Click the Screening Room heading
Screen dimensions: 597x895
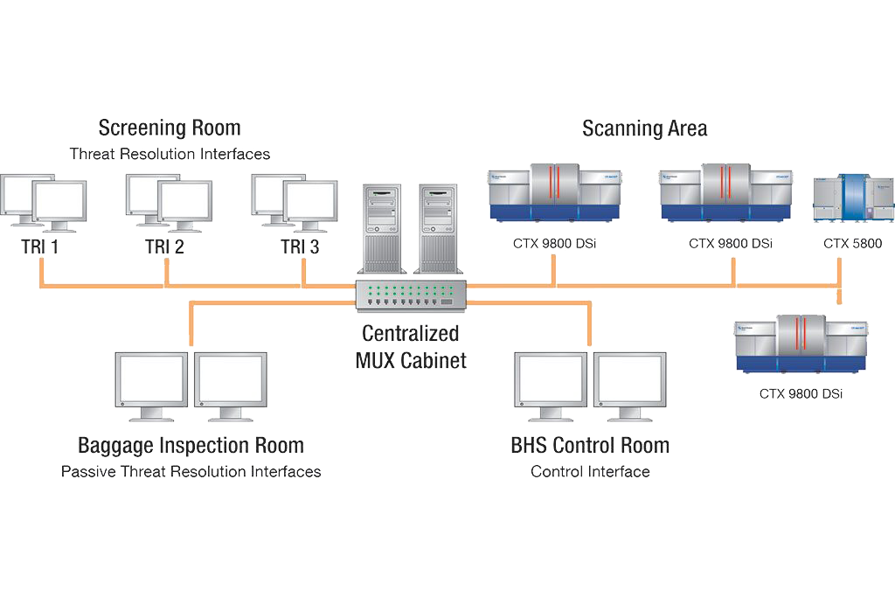169,128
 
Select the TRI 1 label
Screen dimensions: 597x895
40,246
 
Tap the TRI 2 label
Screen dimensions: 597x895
164,246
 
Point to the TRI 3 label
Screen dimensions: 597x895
300,246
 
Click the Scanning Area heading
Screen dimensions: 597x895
644,128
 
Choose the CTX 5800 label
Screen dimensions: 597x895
852,244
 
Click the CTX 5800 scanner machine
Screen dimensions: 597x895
853,198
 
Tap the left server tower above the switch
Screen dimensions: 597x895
382,227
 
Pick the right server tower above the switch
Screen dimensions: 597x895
440,227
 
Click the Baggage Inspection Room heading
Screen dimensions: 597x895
191,445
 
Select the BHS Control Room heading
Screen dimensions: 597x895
590,445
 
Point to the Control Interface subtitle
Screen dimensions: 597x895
590,472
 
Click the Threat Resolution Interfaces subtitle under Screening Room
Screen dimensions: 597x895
170,155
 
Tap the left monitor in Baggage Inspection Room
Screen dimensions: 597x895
151,385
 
